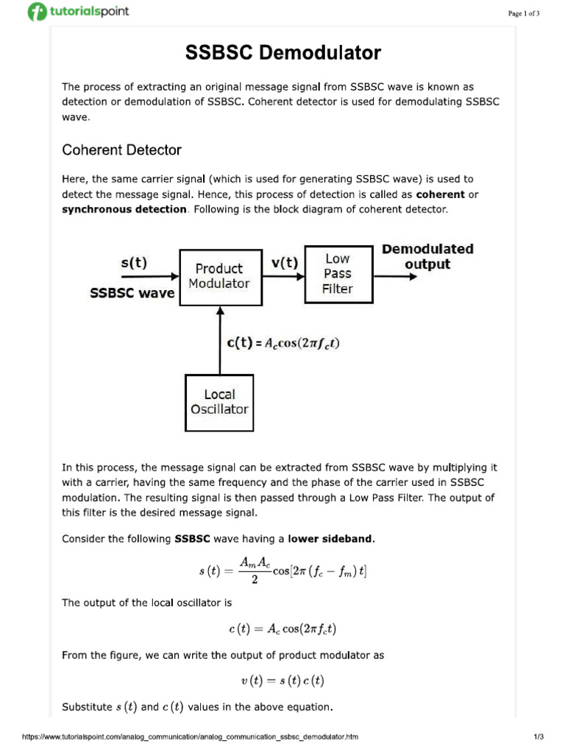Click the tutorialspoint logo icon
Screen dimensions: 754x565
pos(37,12)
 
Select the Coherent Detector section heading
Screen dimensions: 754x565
pos(121,150)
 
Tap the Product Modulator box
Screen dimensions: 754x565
pos(219,276)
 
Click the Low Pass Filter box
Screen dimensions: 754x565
pos(338,274)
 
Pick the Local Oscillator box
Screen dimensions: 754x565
pos(219,402)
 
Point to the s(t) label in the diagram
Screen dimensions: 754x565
pos(133,262)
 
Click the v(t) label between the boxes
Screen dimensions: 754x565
pos(284,262)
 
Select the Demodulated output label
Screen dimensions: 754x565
pos(427,256)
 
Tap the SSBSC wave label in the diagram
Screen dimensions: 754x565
pos(132,293)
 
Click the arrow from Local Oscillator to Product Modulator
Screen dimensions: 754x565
pos(219,339)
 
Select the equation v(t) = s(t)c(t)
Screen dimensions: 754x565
pos(282,681)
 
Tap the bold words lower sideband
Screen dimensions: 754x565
pos(331,539)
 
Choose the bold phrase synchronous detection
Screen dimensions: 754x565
pos(124,209)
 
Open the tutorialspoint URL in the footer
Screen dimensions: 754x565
pos(191,736)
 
